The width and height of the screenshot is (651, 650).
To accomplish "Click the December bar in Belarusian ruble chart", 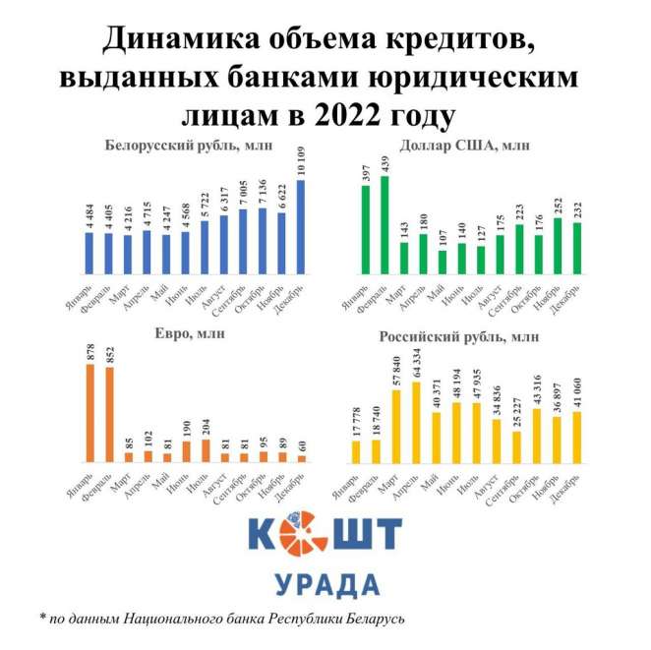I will pos(300,227).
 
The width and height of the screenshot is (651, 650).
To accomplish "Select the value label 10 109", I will pos(300,160).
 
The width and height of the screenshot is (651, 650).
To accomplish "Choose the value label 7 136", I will pos(262,189).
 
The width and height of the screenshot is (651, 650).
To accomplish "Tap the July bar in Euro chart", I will pos(207,450).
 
